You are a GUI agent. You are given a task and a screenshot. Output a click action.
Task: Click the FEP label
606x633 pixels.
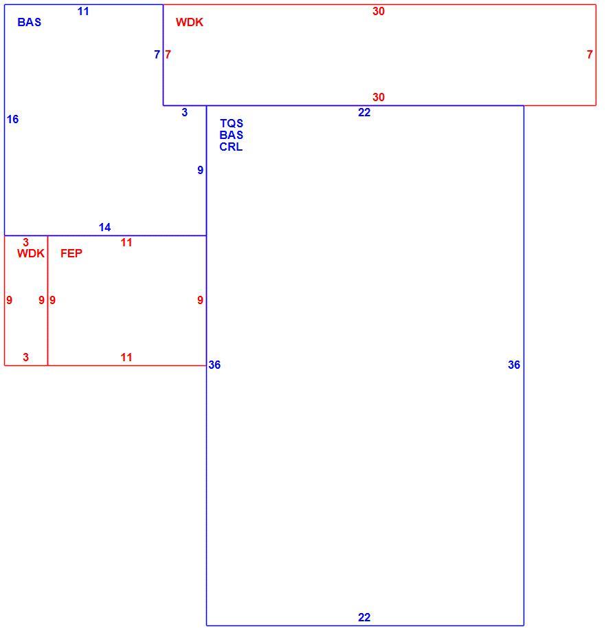(71, 253)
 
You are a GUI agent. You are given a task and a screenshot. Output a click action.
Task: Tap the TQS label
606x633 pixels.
(232, 123)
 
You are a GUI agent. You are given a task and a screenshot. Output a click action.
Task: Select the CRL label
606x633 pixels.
(231, 147)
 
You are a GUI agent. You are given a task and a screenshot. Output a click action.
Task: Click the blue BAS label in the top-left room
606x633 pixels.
(30, 22)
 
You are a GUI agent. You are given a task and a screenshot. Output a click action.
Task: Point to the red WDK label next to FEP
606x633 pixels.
(31, 253)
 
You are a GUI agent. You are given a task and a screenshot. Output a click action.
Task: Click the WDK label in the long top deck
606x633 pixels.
(190, 22)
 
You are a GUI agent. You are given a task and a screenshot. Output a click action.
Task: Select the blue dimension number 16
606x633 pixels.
(12, 119)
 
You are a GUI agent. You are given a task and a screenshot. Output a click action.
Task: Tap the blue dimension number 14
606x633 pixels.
(105, 227)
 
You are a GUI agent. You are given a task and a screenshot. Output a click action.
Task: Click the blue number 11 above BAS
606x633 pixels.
(83, 11)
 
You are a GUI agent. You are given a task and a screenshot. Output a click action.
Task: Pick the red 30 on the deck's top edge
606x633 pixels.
(379, 11)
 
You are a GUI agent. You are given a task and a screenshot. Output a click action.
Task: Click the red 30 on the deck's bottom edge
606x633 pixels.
(379, 97)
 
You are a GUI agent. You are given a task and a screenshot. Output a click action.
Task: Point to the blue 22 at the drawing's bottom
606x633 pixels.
(364, 617)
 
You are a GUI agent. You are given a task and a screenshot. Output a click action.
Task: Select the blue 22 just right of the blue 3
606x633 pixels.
(364, 112)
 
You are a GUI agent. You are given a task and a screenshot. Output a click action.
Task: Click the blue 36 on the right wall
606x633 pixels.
(514, 365)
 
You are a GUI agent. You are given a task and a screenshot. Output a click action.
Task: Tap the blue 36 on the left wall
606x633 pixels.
(214, 365)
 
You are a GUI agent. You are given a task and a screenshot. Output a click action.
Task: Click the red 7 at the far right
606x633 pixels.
(590, 54)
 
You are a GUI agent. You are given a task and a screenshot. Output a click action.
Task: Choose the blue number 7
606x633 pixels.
(157, 54)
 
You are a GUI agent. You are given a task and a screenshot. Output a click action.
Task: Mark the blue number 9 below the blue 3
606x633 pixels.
(201, 171)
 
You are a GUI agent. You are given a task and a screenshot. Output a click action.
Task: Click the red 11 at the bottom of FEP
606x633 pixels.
(126, 357)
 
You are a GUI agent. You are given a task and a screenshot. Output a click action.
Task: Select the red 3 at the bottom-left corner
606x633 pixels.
(26, 357)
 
